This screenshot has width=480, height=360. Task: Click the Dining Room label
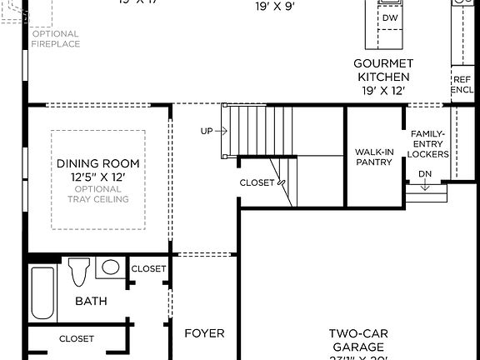click(x=97, y=164)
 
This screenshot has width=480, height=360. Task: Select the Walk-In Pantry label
click(x=373, y=157)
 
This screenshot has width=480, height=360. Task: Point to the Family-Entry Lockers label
click(x=428, y=144)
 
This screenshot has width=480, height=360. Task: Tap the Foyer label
click(x=204, y=333)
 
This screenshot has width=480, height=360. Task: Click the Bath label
click(x=91, y=301)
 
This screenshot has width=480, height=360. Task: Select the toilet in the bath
click(x=79, y=272)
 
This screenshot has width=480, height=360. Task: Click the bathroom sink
click(x=110, y=267)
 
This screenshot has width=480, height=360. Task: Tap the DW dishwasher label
click(x=390, y=17)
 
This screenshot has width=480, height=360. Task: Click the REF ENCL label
click(x=462, y=84)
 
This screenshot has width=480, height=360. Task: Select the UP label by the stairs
click(x=207, y=132)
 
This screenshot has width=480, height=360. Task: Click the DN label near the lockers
click(x=425, y=173)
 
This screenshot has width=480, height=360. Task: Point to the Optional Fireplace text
click(x=57, y=38)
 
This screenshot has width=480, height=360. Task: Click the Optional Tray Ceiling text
click(x=97, y=193)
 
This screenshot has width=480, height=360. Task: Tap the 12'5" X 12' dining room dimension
click(x=97, y=177)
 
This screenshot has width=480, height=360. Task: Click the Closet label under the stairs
click(x=257, y=182)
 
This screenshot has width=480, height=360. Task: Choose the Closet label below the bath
click(x=77, y=338)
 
